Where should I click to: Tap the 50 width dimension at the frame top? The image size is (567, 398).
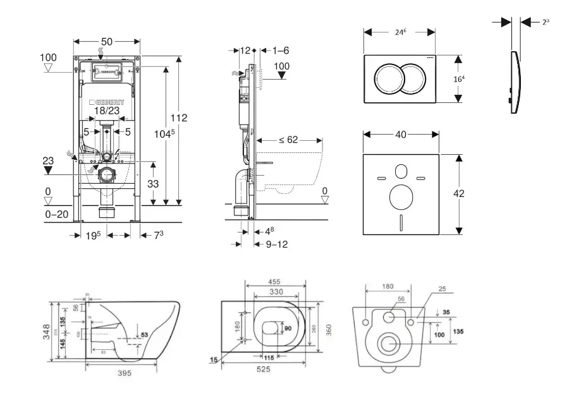107,42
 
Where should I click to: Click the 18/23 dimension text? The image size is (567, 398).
107,111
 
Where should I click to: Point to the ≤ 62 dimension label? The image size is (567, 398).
288,140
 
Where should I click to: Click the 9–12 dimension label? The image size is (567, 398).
275,244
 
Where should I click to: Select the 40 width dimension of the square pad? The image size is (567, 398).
399,134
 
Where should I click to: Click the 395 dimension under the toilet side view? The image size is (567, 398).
125,373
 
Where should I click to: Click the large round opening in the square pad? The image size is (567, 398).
401,198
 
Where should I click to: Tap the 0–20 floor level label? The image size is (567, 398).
58,215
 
